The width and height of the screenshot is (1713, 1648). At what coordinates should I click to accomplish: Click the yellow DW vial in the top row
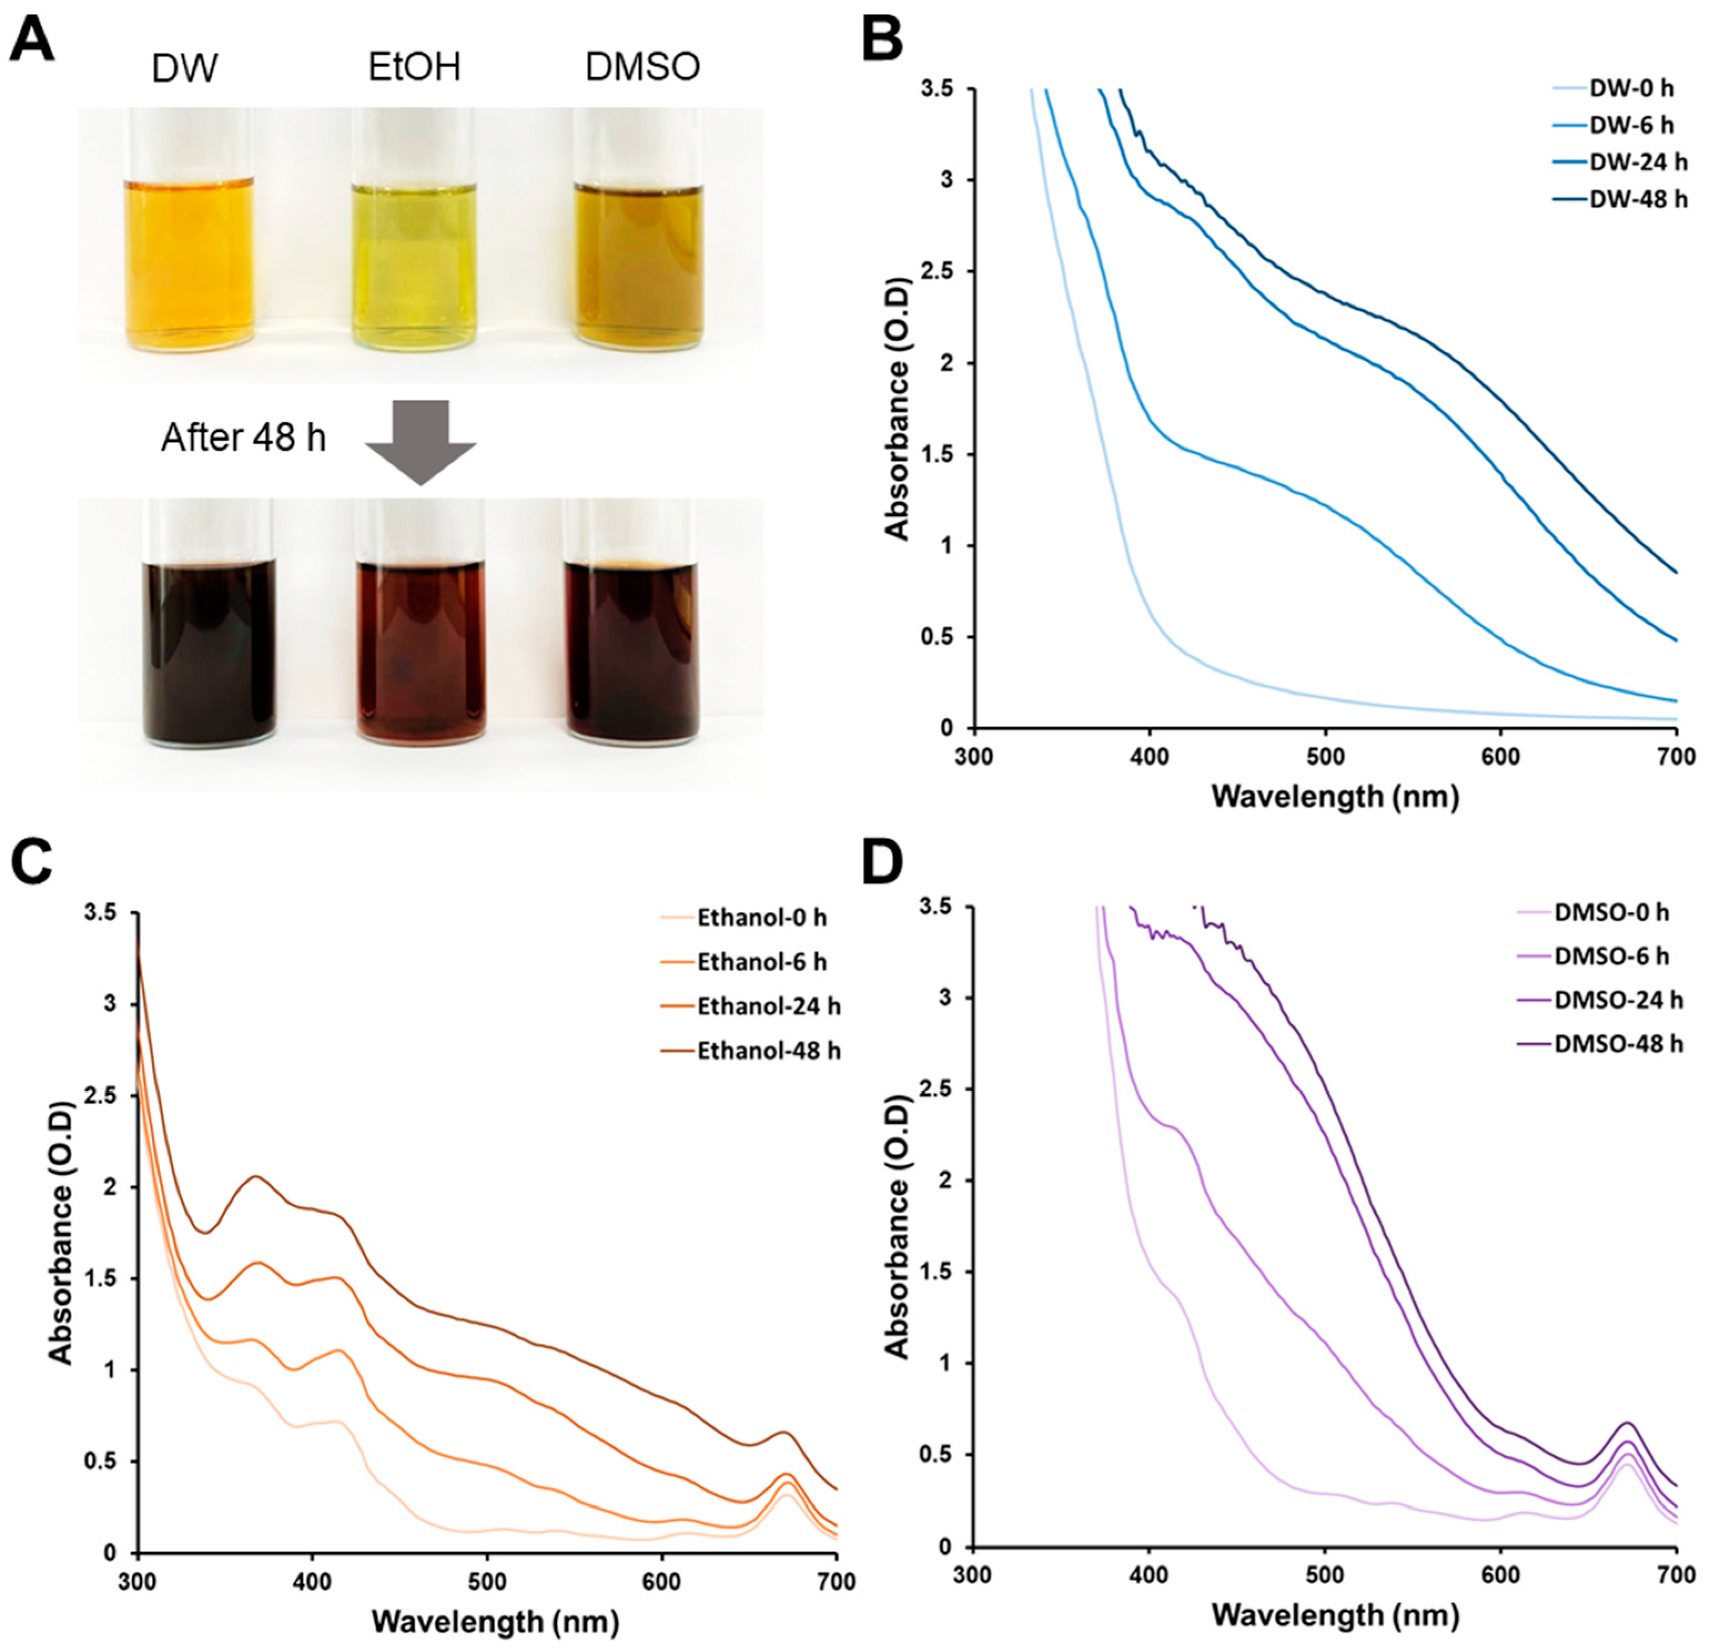click(190, 262)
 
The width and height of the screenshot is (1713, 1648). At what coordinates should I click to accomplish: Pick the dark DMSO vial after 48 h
click(631, 651)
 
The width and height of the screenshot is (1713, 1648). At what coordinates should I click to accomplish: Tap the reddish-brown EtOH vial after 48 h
click(420, 651)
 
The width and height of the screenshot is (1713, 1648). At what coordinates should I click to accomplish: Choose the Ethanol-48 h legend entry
click(768, 1050)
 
